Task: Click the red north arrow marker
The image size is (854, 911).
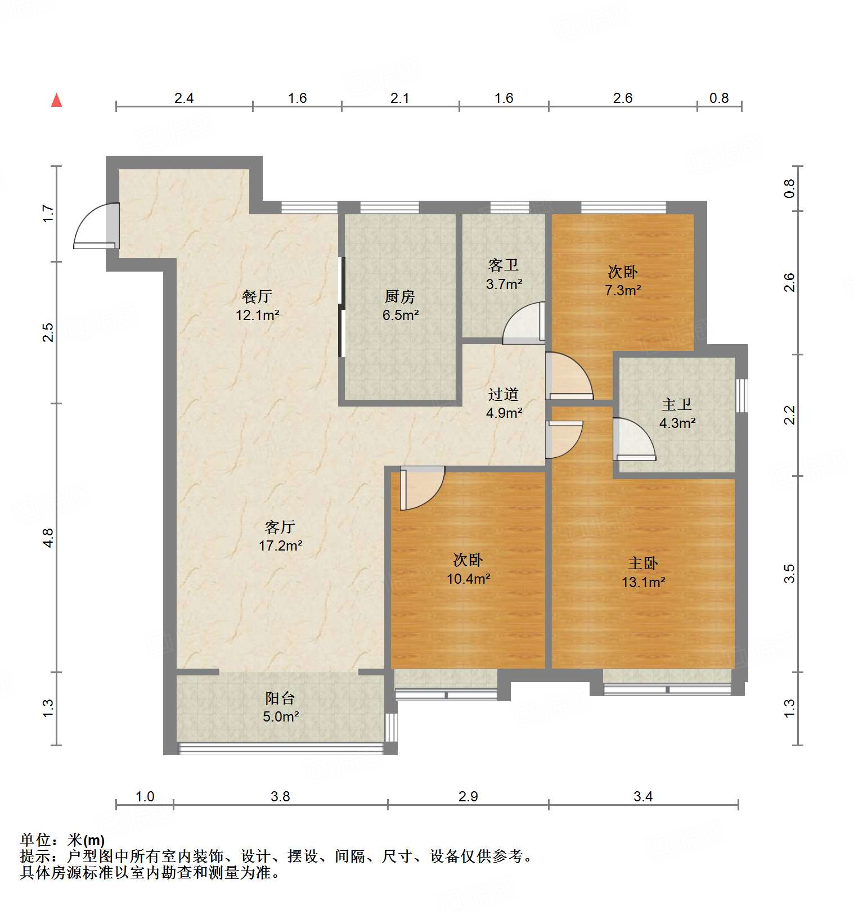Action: point(56,100)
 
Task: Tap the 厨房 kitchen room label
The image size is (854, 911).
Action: point(400,296)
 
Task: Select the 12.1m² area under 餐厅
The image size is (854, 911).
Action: point(258,315)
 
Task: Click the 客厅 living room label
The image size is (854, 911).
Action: point(280,527)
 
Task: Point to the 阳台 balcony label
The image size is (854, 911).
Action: point(280,698)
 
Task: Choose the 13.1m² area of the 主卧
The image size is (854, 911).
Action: point(643,582)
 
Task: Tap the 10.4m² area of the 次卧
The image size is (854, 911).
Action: point(468,579)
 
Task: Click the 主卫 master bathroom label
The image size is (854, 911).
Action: point(677,404)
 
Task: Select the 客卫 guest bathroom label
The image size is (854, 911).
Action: point(504,265)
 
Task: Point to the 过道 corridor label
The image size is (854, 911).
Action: point(504,394)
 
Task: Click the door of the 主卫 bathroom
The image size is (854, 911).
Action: point(634,440)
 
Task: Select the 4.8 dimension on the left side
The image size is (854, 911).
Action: point(48,538)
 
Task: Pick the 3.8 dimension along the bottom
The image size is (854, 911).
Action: point(280,796)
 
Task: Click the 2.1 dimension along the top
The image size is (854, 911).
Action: point(399,98)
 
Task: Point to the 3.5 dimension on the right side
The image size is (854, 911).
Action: point(789,574)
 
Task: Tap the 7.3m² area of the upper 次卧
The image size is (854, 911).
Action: point(623,290)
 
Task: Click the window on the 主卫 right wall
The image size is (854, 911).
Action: point(742,395)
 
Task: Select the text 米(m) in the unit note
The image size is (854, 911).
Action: point(86,840)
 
